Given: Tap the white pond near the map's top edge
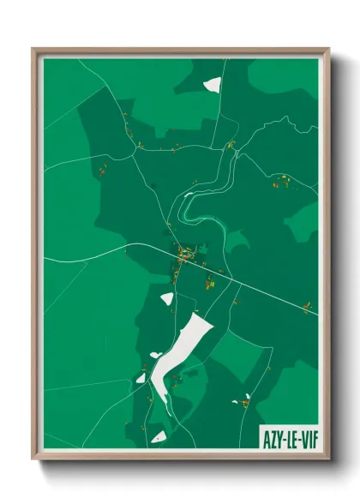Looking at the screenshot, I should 212,85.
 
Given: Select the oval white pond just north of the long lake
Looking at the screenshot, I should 166,298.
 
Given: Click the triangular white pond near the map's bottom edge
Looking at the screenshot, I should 159,436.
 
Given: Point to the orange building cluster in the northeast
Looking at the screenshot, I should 281,181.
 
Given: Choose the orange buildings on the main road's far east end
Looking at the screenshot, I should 306,307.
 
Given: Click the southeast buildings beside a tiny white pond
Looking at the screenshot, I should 245,399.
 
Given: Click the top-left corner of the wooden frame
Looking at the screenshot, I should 33,49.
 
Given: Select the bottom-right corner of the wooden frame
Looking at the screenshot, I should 329,459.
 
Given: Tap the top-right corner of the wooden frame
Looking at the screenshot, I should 329,49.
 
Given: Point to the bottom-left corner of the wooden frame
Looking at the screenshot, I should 33,459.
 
